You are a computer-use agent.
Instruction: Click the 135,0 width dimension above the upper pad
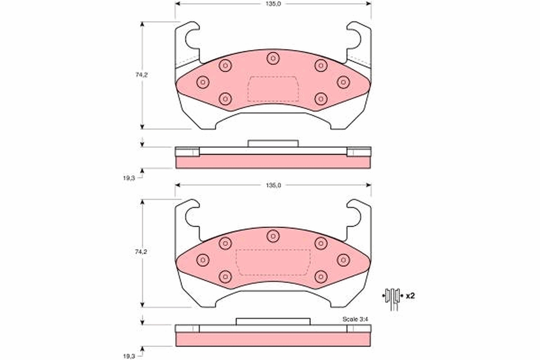[273, 4]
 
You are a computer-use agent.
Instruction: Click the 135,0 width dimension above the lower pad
[274, 185]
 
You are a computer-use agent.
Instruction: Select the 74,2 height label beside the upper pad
[141, 75]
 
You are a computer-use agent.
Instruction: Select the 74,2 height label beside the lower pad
[141, 252]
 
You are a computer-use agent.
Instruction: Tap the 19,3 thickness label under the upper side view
[129, 178]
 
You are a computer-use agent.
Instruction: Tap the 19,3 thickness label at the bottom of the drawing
[129, 356]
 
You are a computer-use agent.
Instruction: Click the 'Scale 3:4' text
[355, 319]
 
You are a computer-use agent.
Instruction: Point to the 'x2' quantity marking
[410, 296]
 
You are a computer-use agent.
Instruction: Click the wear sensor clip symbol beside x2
[393, 299]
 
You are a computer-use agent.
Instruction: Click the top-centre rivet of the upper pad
[273, 58]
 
